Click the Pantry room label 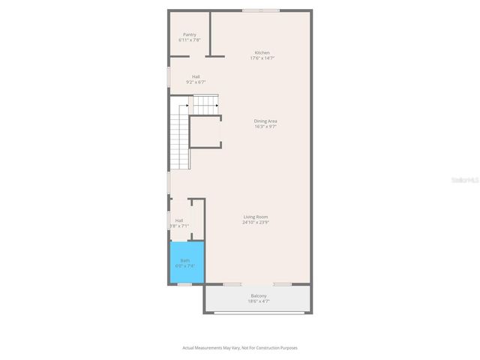(x=190, y=34)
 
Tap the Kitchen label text (x=262, y=52)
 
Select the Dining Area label (x=265, y=121)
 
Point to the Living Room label (x=256, y=217)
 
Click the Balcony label (x=259, y=295)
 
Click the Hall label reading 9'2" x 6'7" (x=196, y=76)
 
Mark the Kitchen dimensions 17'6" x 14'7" (x=262, y=58)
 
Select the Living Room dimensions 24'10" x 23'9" (x=256, y=223)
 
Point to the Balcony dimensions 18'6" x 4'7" (x=259, y=301)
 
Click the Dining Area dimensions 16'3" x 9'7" (x=266, y=126)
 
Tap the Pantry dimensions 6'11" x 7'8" (x=190, y=40)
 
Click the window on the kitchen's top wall (x=261, y=10)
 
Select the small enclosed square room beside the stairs (x=205, y=133)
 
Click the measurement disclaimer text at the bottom (x=240, y=347)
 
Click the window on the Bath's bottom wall (x=185, y=284)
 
